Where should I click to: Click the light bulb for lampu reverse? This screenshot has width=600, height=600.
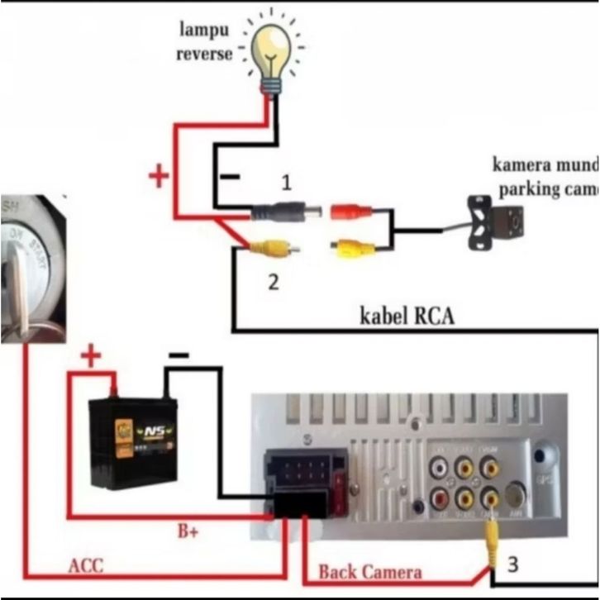pos(271,50)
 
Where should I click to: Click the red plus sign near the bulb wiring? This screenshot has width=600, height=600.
pos(158,176)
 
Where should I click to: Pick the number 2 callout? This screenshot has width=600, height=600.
pos(273,282)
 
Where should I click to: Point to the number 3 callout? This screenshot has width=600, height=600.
pos(513,565)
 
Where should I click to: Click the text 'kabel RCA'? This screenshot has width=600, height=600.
pos(407,316)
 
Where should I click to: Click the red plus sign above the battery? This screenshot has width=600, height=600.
pos(91,357)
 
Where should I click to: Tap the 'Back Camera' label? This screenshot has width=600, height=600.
pos(369,571)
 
